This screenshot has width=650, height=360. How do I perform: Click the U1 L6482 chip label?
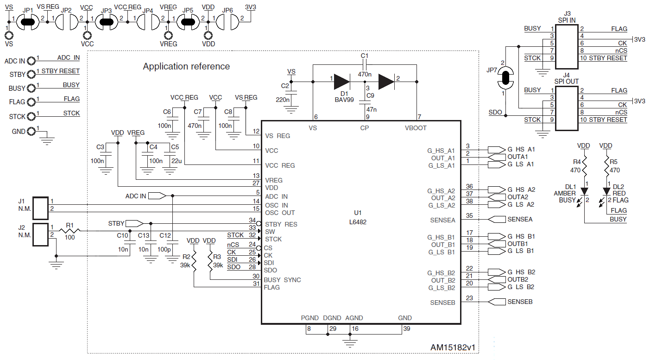[x=358, y=217]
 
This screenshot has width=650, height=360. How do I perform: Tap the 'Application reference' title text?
[x=186, y=66]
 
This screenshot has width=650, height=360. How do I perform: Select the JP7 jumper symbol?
[x=505, y=78]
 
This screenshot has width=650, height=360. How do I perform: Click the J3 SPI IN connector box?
[x=567, y=47]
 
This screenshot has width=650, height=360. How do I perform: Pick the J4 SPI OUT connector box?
[x=567, y=108]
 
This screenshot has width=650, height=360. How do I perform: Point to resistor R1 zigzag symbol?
[x=69, y=231]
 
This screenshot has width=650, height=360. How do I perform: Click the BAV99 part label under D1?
[x=344, y=100]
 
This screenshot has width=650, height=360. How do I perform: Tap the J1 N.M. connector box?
[x=40, y=208]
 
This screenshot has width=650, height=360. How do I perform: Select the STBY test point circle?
[x=31, y=75]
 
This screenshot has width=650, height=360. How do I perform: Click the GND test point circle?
[x=31, y=132]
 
